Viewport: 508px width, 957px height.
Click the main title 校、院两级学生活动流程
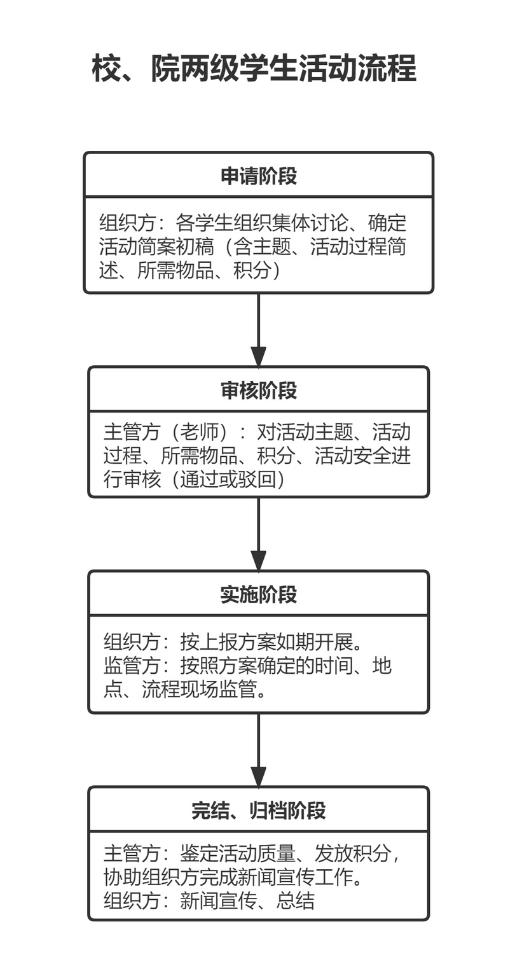point(254,68)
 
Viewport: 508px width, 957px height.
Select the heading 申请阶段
point(259,176)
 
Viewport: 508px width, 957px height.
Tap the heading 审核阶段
point(259,390)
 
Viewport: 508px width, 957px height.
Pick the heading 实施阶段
point(259,594)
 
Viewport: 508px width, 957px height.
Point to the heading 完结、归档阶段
point(259,810)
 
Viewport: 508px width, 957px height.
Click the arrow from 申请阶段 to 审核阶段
point(258,330)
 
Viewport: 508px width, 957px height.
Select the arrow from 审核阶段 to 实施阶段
point(258,534)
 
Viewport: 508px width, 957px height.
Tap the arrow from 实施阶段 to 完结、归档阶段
point(258,750)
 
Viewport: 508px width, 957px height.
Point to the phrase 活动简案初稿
point(156,246)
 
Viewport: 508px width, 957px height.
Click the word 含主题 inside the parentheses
point(263,246)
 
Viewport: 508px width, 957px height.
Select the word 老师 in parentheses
point(198,432)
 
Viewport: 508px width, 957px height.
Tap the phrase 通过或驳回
point(227,479)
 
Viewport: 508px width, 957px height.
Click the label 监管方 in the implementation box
point(132,665)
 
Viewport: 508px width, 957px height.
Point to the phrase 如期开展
point(314,641)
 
